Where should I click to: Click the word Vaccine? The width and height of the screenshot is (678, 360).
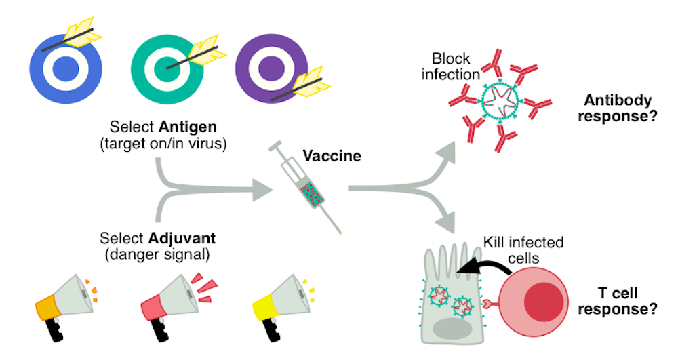[332, 156]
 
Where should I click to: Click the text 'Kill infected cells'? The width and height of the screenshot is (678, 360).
[523, 249]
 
